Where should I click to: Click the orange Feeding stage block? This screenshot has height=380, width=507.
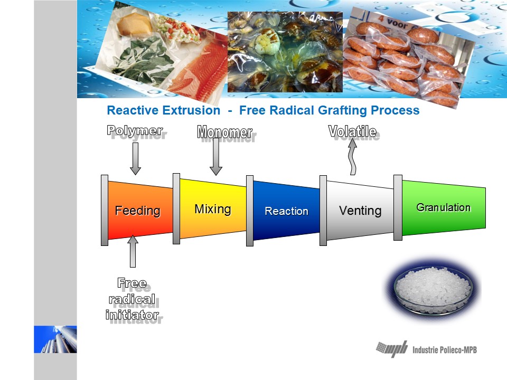(140, 211)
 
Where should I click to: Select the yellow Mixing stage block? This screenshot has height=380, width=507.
(213, 209)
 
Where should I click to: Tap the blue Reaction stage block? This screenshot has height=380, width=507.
(286, 211)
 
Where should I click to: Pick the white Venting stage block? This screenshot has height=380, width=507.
(360, 211)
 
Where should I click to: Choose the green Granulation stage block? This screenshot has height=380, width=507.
(444, 208)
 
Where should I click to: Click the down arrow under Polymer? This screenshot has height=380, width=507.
(136, 159)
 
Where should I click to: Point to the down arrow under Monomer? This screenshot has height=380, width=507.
(216, 157)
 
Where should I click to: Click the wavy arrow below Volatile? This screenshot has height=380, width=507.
(352, 157)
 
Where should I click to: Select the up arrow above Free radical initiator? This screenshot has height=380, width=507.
(133, 251)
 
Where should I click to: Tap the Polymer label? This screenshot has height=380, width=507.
(136, 131)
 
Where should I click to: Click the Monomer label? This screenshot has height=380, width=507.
(226, 134)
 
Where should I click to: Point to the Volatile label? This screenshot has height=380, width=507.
(353, 132)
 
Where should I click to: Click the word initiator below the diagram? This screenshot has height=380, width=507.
(133, 316)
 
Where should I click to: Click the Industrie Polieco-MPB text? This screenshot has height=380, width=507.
(444, 349)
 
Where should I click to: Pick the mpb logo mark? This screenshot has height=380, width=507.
(392, 349)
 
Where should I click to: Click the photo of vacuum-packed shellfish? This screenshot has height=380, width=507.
(285, 52)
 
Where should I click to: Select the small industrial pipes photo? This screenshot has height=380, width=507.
(55, 339)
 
